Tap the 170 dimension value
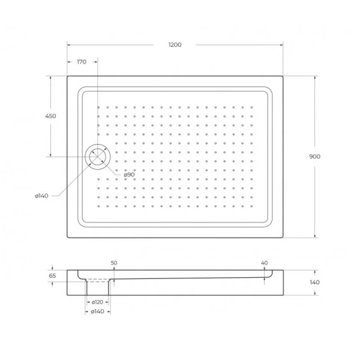tap(82, 62)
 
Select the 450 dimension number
tap(50, 116)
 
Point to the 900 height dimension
tap(315, 157)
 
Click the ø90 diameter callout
tap(129, 175)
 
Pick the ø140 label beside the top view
tap(42, 196)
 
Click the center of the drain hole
tap(96, 157)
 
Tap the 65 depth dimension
tap(52, 276)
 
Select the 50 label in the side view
tap(114, 263)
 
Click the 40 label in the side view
tap(264, 263)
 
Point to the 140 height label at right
tap(315, 282)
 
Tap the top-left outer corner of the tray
tap(67, 76)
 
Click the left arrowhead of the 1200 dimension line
tap(68, 44)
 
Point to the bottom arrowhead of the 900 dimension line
tap(315, 235)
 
